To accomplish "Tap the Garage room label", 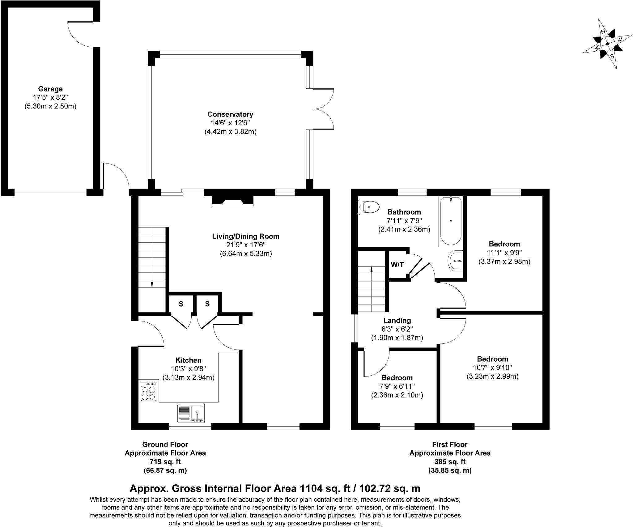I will (50, 89).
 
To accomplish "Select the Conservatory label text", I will (230, 114).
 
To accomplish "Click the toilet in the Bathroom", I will (369, 207).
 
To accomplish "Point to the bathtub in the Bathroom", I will (451, 221).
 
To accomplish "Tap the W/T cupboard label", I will (397, 265).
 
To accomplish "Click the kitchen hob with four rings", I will (149, 392).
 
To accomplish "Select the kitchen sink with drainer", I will (191, 413).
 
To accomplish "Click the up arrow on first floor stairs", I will (371, 270).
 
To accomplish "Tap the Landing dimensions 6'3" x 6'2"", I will (397, 329).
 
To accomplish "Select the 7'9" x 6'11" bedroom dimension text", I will (397, 386).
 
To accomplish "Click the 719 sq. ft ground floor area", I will (165, 462).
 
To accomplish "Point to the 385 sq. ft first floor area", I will (450, 462).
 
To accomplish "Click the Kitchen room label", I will (188, 360).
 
